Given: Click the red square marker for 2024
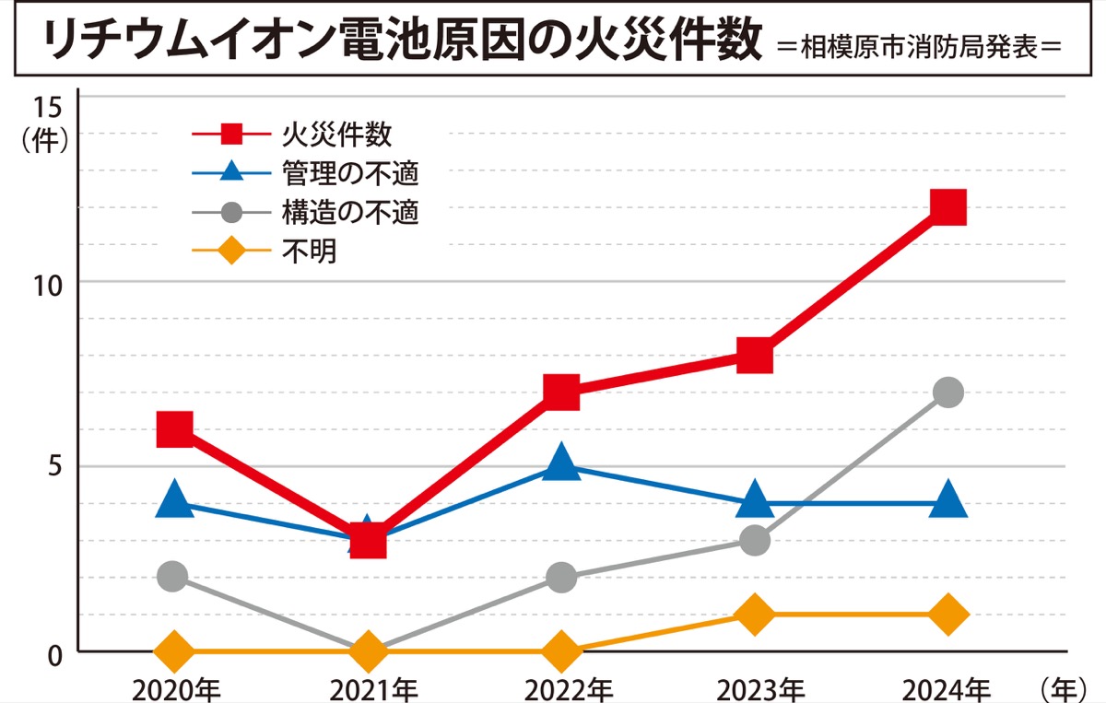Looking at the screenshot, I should tap(947, 207).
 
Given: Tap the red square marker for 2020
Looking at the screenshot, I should tap(174, 428).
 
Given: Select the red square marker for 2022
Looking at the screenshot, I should tap(561, 393).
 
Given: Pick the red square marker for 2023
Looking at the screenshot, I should tap(754, 356).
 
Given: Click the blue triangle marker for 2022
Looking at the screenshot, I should tap(561, 463).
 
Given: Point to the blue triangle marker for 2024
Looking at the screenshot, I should tap(947, 501).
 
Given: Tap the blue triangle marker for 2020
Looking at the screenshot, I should tap(174, 501).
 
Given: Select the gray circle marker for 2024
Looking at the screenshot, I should tap(947, 393).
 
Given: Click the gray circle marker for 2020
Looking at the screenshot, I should tap(172, 577).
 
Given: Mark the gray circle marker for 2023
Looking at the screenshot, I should tap(754, 540).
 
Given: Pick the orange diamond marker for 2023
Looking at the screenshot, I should tap(754, 615).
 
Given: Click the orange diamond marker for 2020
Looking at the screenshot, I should tap(174, 651).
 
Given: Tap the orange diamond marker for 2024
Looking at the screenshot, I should tap(947, 615).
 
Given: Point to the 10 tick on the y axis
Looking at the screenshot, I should tap(48, 282).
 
